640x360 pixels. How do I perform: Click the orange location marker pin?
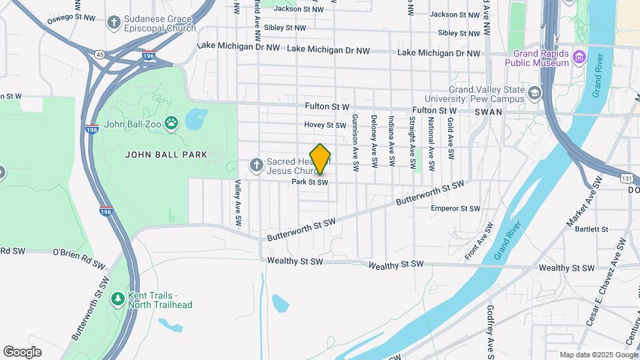pos(320,159)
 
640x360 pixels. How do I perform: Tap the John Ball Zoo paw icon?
pos(172,123)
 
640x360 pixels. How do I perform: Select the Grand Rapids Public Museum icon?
pos(579,58)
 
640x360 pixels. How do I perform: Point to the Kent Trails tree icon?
pos(117,297)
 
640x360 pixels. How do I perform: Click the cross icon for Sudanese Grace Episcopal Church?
pos(115,23)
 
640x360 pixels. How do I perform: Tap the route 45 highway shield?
pos(99,53)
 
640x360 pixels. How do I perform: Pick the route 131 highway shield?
pos(627,179)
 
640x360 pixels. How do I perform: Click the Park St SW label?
pos(310,182)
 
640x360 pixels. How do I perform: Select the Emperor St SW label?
pos(455,209)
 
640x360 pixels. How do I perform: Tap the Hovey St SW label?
pos(325,125)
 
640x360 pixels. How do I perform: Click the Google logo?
pos(22,351)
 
